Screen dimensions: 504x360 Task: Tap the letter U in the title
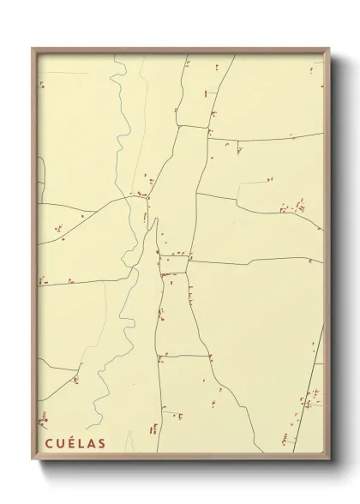(x=56, y=443)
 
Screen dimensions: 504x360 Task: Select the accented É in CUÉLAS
(x=68, y=443)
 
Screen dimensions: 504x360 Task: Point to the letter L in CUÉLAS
(x=79, y=443)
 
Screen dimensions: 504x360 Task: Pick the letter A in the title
(x=90, y=443)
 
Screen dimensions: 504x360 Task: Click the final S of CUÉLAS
(x=102, y=443)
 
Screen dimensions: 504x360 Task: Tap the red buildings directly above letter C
(x=43, y=420)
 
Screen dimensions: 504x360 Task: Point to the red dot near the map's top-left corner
(x=40, y=84)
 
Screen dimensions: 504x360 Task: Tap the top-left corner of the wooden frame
(x=32, y=48)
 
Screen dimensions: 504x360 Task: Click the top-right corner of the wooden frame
(x=332, y=48)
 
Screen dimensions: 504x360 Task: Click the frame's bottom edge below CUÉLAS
(x=73, y=458)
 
